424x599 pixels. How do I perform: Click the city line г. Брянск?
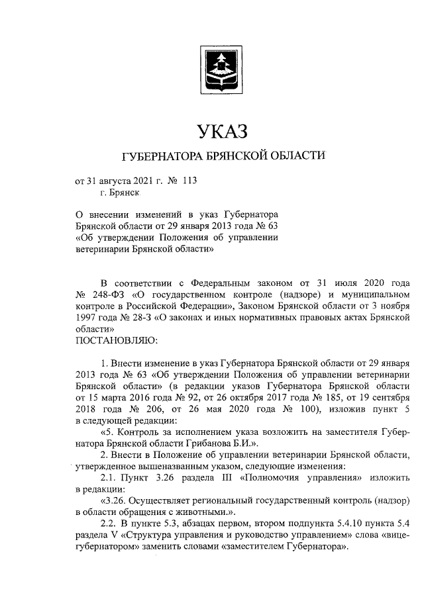[120, 193]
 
